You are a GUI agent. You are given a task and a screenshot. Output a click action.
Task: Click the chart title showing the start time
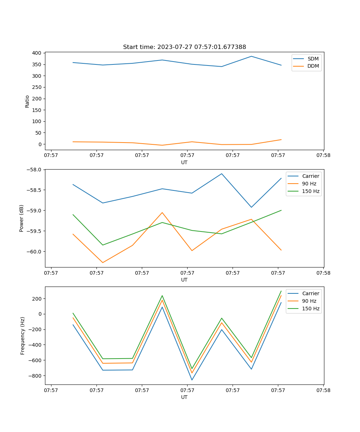tap(184, 47)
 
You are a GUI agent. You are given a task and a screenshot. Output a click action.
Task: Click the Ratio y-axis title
tap(27, 101)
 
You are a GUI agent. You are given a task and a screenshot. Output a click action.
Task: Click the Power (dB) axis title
tap(22, 218)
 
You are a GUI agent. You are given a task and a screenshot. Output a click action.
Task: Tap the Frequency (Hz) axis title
tap(23, 336)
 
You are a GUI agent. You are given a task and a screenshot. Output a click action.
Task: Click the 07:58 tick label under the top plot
tap(323, 156)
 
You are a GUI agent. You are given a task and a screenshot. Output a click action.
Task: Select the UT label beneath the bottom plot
tap(184, 397)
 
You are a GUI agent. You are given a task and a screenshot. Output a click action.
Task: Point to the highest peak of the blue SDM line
tap(251, 56)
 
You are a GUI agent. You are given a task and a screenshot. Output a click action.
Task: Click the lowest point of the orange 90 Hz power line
tap(103, 262)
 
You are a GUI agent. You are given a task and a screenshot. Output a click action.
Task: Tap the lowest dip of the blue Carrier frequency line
tap(192, 380)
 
